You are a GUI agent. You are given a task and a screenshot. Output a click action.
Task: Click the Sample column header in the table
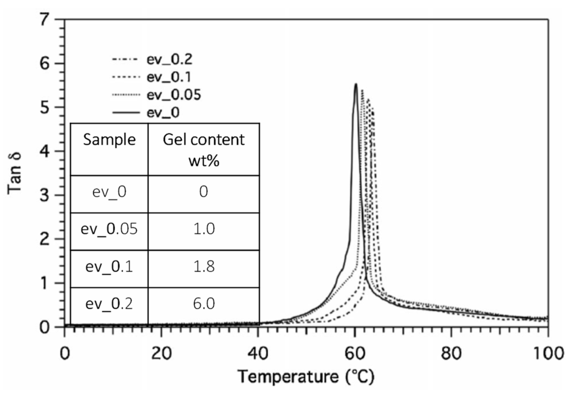(109, 140)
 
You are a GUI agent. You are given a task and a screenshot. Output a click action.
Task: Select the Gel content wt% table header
(204, 150)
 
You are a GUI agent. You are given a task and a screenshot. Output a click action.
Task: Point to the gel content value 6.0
(204, 304)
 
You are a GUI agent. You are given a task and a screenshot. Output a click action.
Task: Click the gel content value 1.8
(204, 266)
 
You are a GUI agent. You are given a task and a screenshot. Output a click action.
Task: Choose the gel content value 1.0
(204, 229)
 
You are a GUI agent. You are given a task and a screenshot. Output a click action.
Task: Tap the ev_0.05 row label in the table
(109, 229)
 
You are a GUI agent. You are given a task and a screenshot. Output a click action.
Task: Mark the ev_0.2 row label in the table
(109, 304)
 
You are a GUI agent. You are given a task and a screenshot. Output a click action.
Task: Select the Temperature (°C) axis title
(306, 377)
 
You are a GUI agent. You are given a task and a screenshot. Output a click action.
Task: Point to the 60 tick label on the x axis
(355, 354)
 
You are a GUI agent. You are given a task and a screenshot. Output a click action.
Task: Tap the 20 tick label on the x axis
(161, 354)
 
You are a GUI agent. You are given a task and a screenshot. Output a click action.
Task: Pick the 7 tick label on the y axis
(45, 20)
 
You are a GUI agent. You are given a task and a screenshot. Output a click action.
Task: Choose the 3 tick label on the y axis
(45, 195)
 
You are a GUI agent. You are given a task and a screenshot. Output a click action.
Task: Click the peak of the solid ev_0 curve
(356, 84)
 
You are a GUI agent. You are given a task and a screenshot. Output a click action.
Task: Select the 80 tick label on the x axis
(451, 354)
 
